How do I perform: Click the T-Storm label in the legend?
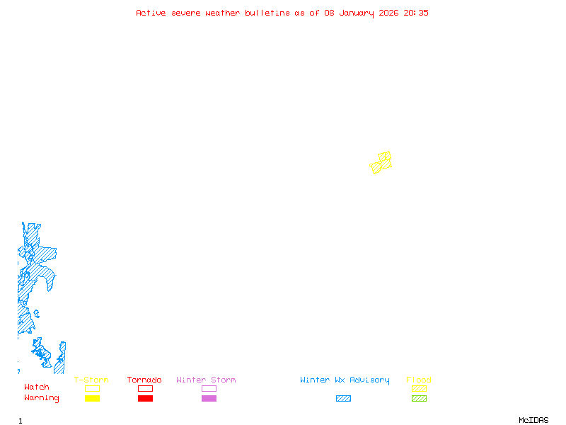[x=91, y=380]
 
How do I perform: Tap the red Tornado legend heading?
[x=144, y=380]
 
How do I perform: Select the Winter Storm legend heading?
[x=206, y=380]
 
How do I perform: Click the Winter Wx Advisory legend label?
[x=345, y=380]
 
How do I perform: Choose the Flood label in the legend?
[x=419, y=380]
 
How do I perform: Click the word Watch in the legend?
[x=37, y=387]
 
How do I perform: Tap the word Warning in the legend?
[x=42, y=398]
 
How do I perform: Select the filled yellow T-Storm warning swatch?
[x=92, y=399]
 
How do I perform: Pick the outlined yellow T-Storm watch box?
[x=92, y=389]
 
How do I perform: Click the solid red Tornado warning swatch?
[x=145, y=399]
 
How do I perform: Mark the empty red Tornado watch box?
[x=145, y=389]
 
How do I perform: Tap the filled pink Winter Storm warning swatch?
[x=209, y=399]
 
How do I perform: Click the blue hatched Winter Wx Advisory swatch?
[x=343, y=399]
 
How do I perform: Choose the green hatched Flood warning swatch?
[x=419, y=399]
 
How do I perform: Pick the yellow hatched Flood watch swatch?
[x=419, y=389]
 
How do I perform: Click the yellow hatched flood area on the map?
[x=382, y=164]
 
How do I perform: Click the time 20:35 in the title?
[x=416, y=13]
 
